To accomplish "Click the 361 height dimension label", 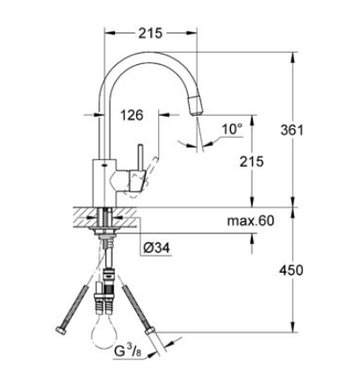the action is pos(292,130).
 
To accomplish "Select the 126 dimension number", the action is pos(132,115).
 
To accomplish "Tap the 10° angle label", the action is pos(232,129).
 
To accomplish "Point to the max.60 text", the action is pos(251,220).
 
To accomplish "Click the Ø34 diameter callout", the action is pos(156,248).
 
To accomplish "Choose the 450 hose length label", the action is pos(291,270).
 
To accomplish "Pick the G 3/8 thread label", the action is pos(128,351).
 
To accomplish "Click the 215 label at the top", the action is pos(150,33).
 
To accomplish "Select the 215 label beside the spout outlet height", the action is pos(252,162).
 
